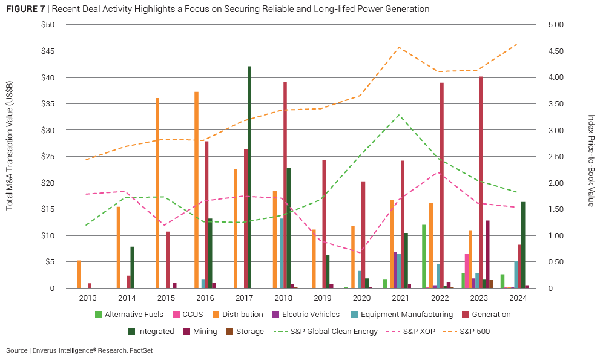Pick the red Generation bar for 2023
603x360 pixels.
(x=481, y=182)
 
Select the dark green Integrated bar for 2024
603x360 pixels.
(x=523, y=244)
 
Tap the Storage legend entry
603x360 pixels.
(x=246, y=332)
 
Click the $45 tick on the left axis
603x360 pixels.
(x=47, y=51)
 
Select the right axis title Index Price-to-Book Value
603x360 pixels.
(x=591, y=160)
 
